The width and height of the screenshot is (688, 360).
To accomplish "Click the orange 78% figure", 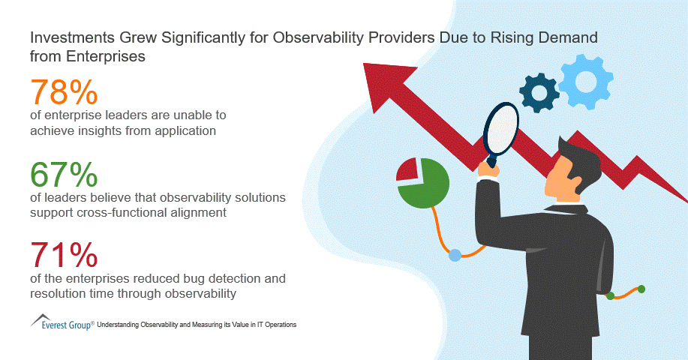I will point(64,93).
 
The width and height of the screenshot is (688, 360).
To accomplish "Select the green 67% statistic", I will point(64,175).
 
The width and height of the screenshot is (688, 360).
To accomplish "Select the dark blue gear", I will point(539,92).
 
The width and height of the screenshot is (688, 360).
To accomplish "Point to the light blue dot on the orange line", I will point(455,256).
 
